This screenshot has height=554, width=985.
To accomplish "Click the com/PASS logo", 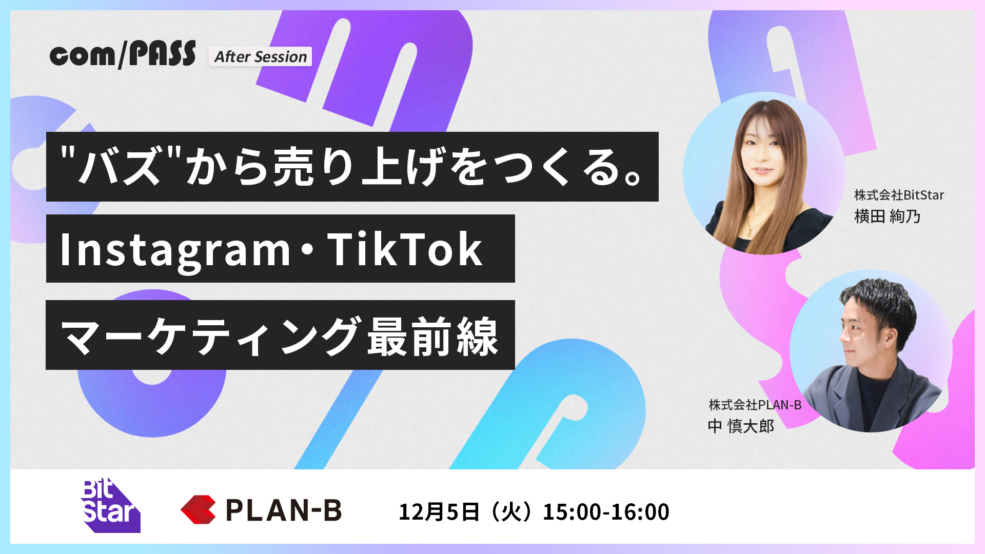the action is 123,54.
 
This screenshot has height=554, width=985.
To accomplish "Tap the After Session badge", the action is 260,56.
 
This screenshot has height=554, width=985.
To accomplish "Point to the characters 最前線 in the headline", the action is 432,337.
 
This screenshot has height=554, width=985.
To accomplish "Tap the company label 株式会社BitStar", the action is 899,195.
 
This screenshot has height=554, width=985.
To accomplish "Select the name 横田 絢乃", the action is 887,216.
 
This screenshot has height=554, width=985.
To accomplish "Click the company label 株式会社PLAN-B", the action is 755,405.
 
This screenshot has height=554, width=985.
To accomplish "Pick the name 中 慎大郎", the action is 741,426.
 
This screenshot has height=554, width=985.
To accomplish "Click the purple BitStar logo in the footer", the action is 110,505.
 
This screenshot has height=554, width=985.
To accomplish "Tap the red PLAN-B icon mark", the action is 198,509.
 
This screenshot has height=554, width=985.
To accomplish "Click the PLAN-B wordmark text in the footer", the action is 284,510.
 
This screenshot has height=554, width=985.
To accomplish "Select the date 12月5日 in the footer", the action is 439,512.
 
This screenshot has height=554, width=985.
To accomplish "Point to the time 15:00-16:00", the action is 606,512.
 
